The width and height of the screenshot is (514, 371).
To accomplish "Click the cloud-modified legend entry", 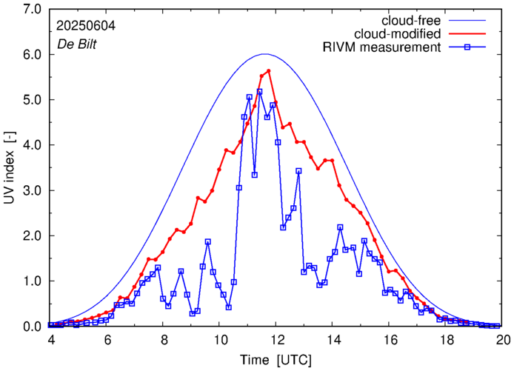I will (398, 33).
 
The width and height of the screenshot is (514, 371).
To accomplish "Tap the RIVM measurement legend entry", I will (381, 47).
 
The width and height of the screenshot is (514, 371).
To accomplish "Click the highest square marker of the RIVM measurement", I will (259, 92).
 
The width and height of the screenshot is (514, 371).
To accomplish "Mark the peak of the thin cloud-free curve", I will (264, 54).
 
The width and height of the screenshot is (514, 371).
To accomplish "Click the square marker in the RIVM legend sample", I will (472, 47).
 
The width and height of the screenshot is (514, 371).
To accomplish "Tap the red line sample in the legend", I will (472, 33).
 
